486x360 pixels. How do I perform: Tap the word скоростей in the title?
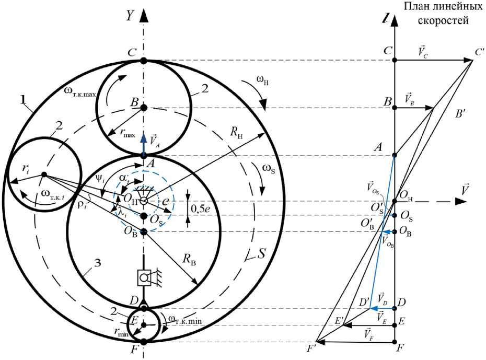click(443, 20)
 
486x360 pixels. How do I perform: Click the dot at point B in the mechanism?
click(144, 108)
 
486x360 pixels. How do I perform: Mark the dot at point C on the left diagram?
click(144, 61)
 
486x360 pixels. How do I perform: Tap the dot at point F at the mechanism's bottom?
click(144, 342)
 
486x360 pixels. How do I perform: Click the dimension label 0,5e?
click(201, 208)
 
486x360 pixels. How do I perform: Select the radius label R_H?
click(236, 133)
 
